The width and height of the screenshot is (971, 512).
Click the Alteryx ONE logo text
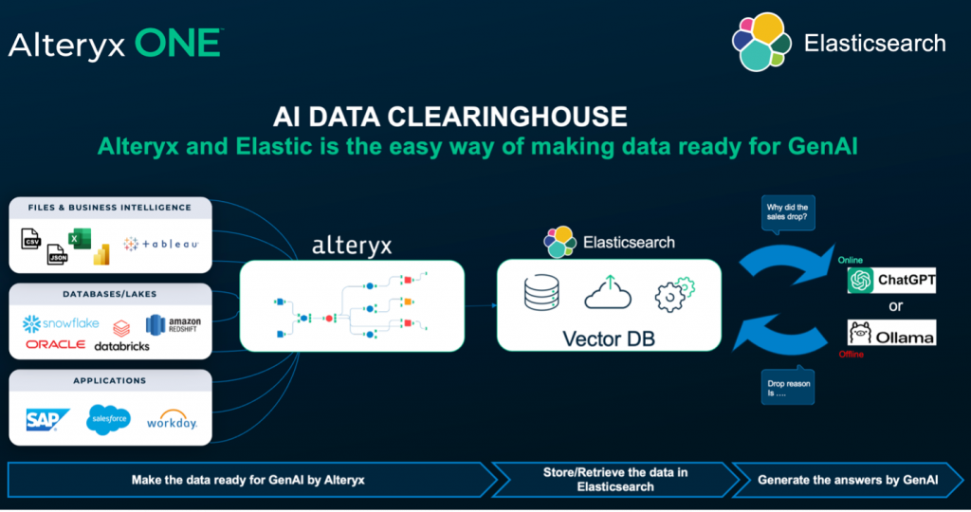[116, 44]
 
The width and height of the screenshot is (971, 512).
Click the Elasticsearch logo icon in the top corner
[760, 43]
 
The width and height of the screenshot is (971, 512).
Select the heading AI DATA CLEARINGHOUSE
[449, 117]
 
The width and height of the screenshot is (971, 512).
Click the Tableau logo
[161, 244]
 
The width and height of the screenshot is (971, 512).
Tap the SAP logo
[47, 420]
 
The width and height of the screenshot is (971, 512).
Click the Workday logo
[172, 420]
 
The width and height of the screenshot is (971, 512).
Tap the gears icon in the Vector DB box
[675, 296]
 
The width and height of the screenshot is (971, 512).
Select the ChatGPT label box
[890, 279]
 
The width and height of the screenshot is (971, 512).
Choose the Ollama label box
[890, 333]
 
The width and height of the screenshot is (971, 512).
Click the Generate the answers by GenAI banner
[846, 480]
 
